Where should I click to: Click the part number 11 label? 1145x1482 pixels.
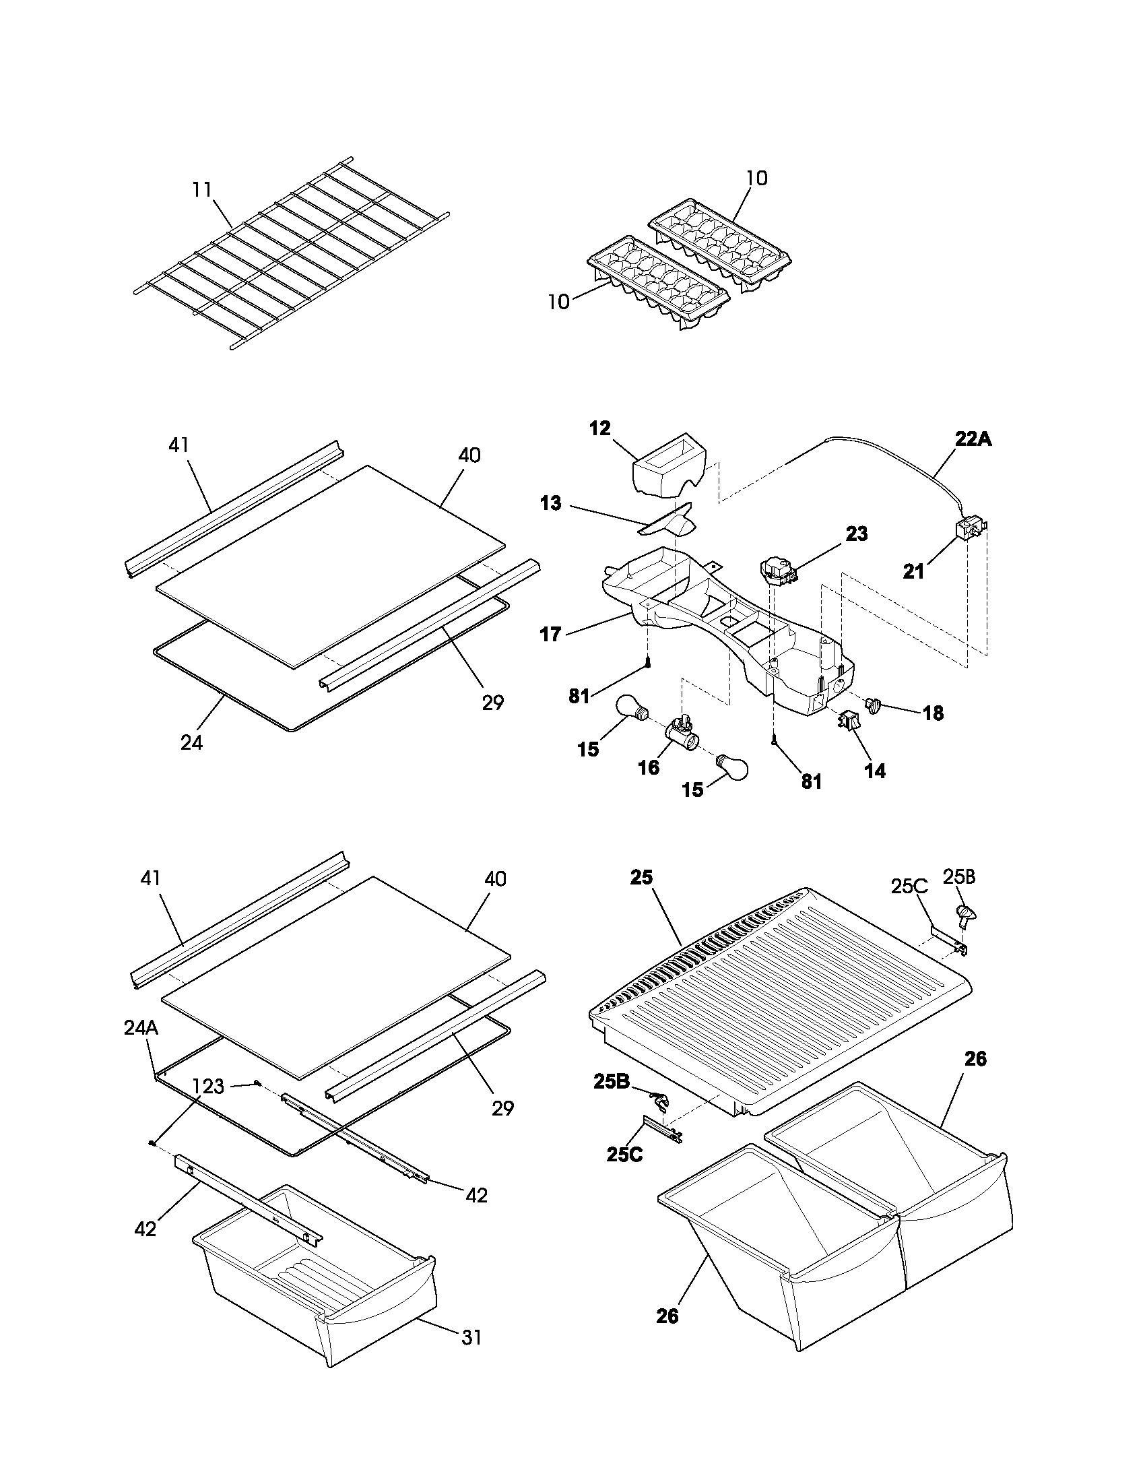(x=201, y=189)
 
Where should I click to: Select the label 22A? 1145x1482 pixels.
(x=973, y=439)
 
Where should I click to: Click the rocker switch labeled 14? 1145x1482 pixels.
(x=849, y=721)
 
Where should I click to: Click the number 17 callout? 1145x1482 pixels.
(x=550, y=634)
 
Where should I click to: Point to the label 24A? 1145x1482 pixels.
(x=141, y=1028)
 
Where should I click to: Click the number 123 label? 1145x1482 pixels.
(x=207, y=1087)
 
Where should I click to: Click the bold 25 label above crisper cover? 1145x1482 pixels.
(x=641, y=877)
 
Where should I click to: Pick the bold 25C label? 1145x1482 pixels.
(x=624, y=1154)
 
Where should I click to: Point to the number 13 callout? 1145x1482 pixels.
(x=550, y=503)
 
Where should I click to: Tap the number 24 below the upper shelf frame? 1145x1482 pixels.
(x=191, y=743)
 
